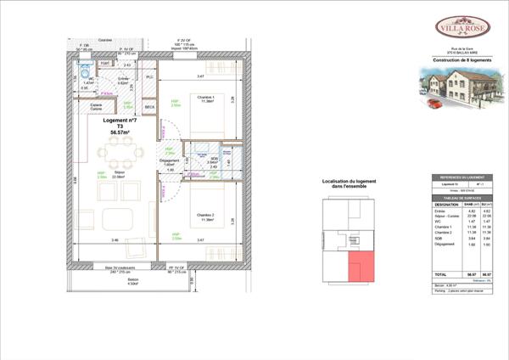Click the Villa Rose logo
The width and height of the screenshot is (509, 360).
(462, 28)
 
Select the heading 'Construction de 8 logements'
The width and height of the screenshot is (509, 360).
(462, 60)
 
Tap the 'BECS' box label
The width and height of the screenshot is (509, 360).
(149, 107)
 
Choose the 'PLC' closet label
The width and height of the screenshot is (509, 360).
(149, 77)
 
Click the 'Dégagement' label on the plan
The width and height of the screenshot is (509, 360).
(170, 160)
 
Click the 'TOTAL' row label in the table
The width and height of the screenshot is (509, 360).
(441, 274)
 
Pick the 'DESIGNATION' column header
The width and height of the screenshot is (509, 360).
(446, 205)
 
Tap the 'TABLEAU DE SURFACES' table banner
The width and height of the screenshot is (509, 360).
(462, 197)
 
